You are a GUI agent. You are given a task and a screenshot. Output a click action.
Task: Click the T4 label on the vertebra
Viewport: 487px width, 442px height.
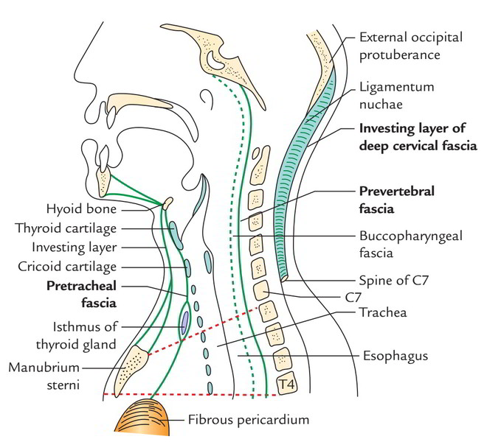pyautogui.click(x=287, y=385)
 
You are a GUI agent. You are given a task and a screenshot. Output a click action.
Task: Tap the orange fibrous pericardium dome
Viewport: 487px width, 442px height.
pyautogui.click(x=143, y=416)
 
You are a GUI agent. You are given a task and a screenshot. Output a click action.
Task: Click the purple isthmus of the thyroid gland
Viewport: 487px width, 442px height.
pyautogui.click(x=185, y=323)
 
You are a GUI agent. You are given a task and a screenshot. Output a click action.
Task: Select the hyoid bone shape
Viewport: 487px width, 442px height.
pyautogui.click(x=167, y=203)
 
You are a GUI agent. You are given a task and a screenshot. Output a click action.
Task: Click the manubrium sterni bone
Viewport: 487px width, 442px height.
pyautogui.click(x=131, y=370)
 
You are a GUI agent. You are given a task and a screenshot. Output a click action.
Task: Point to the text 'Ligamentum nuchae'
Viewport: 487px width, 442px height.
pyautogui.click(x=397, y=96)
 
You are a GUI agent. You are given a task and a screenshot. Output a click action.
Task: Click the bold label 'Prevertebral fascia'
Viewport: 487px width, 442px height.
pyautogui.click(x=397, y=200)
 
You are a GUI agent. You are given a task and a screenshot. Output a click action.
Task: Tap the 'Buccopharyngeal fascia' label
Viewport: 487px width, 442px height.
pyautogui.click(x=411, y=245)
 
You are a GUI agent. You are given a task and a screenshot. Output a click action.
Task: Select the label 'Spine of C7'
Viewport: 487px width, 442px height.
pyautogui.click(x=393, y=281)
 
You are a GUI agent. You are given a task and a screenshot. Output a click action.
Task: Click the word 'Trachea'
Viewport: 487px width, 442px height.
pyautogui.click(x=383, y=312)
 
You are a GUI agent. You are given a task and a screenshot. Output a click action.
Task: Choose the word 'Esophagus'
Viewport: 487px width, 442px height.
pyautogui.click(x=396, y=356)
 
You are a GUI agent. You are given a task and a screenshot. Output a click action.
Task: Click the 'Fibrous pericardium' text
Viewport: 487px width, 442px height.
pyautogui.click(x=249, y=420)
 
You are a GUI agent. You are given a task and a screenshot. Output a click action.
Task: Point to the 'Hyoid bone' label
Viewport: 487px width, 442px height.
pyautogui.click(x=81, y=208)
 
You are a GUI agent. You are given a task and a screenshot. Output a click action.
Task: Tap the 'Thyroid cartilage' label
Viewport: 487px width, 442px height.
pyautogui.click(x=66, y=228)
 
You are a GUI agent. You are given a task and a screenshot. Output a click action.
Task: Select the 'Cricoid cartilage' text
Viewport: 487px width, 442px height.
pyautogui.click(x=67, y=267)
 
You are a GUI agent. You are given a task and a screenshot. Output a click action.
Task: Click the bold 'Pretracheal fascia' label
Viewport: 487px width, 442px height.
pyautogui.click(x=82, y=295)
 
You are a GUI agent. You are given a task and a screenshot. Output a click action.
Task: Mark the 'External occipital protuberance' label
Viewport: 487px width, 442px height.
pyautogui.click(x=411, y=46)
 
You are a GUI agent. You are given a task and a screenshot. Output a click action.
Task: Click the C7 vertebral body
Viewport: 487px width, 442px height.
pyautogui.click(x=261, y=291)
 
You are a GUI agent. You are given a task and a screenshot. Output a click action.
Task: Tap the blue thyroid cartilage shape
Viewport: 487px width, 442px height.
pyautogui.click(x=176, y=235)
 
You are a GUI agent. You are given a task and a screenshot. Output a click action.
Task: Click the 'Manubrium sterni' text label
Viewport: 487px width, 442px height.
pyautogui.click(x=44, y=376)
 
